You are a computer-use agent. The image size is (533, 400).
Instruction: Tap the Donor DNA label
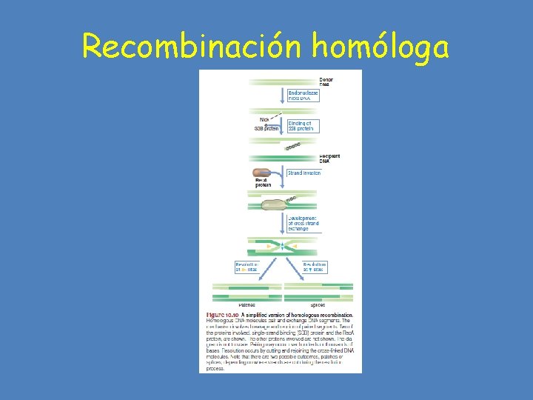326,81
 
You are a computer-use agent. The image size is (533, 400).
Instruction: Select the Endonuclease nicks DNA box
303,95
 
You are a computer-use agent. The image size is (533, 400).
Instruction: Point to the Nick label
264,119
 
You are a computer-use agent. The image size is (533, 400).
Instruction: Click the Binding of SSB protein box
300,126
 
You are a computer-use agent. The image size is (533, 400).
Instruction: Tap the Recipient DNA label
329,159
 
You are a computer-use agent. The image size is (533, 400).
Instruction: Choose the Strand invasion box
304,173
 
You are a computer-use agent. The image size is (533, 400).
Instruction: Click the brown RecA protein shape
261,173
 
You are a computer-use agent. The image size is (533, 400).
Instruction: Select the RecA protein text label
262,183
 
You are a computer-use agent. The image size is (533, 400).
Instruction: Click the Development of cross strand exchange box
303,223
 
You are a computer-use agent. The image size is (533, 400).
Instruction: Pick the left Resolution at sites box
247,267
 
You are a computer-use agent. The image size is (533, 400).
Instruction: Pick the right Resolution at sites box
314,267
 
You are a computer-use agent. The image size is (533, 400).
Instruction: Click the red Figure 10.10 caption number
223,315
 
